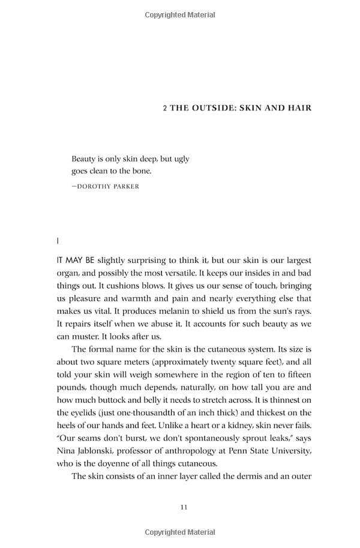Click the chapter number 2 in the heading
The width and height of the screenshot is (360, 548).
click(x=165, y=109)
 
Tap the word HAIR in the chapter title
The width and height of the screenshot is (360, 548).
click(x=298, y=109)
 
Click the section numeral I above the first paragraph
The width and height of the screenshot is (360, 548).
click(x=58, y=241)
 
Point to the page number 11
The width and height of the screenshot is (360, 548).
click(x=184, y=508)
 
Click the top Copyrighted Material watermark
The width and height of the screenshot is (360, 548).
click(x=179, y=15)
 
